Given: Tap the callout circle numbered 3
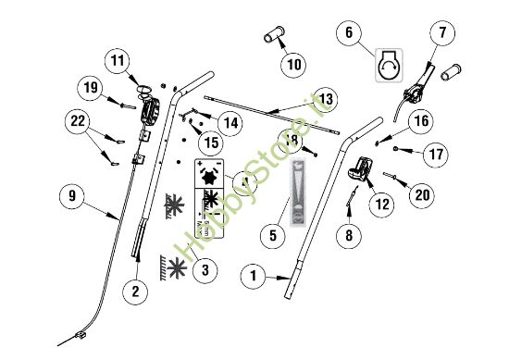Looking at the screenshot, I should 206,269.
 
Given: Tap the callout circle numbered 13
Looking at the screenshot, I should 323,97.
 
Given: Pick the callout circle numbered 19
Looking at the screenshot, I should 89,88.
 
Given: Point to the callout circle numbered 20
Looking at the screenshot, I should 422,194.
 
